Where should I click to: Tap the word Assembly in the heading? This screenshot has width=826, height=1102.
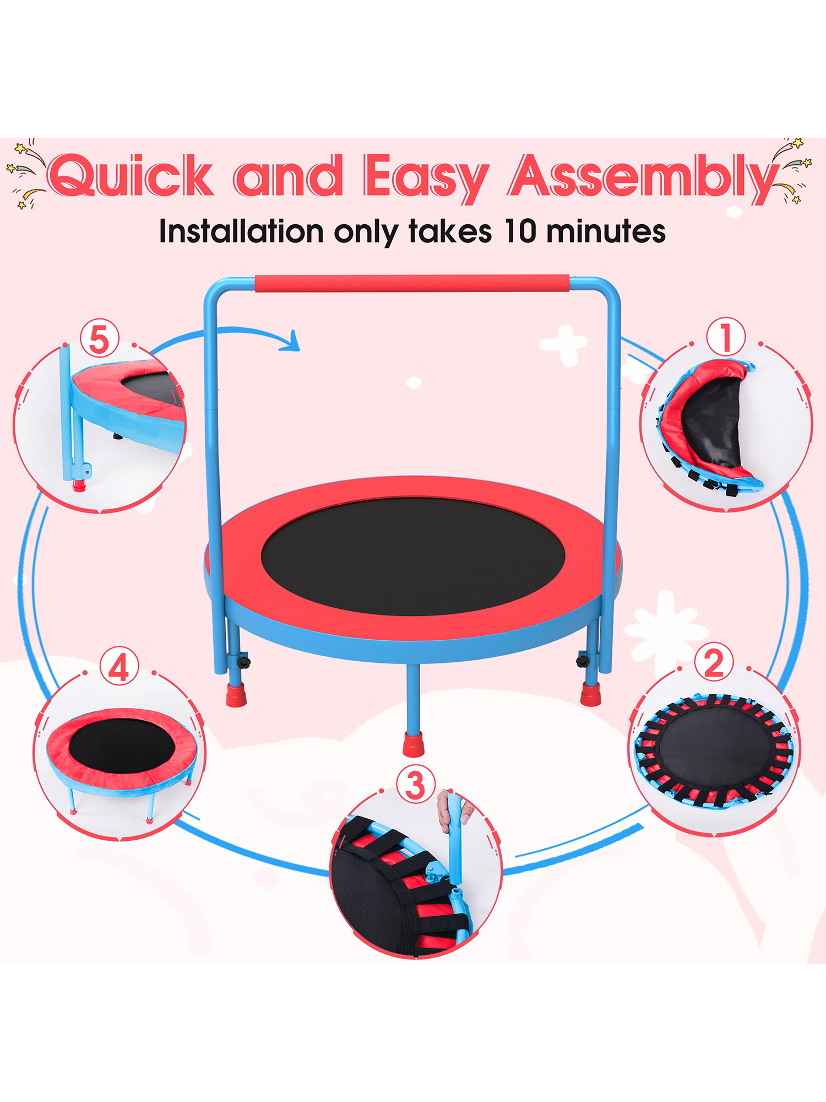coord(642,176)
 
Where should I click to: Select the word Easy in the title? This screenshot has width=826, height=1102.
coord(425,176)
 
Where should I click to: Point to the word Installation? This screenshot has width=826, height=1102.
coord(241,231)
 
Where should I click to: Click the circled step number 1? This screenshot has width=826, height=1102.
coord(726,337)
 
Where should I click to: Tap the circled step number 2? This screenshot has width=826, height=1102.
coord(714,663)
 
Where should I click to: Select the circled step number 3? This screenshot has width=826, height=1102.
coord(415,785)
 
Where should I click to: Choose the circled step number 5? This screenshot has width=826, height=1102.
coord(100,339)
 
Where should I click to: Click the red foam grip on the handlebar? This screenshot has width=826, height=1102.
coord(412,283)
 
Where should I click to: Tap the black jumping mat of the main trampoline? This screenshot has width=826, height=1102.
coord(413,557)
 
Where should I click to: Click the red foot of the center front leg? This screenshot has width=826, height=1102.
coord(413,744)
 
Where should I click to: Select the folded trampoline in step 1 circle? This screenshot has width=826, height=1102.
coord(708,424)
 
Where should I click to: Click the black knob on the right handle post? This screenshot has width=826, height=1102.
coord(583,659)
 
